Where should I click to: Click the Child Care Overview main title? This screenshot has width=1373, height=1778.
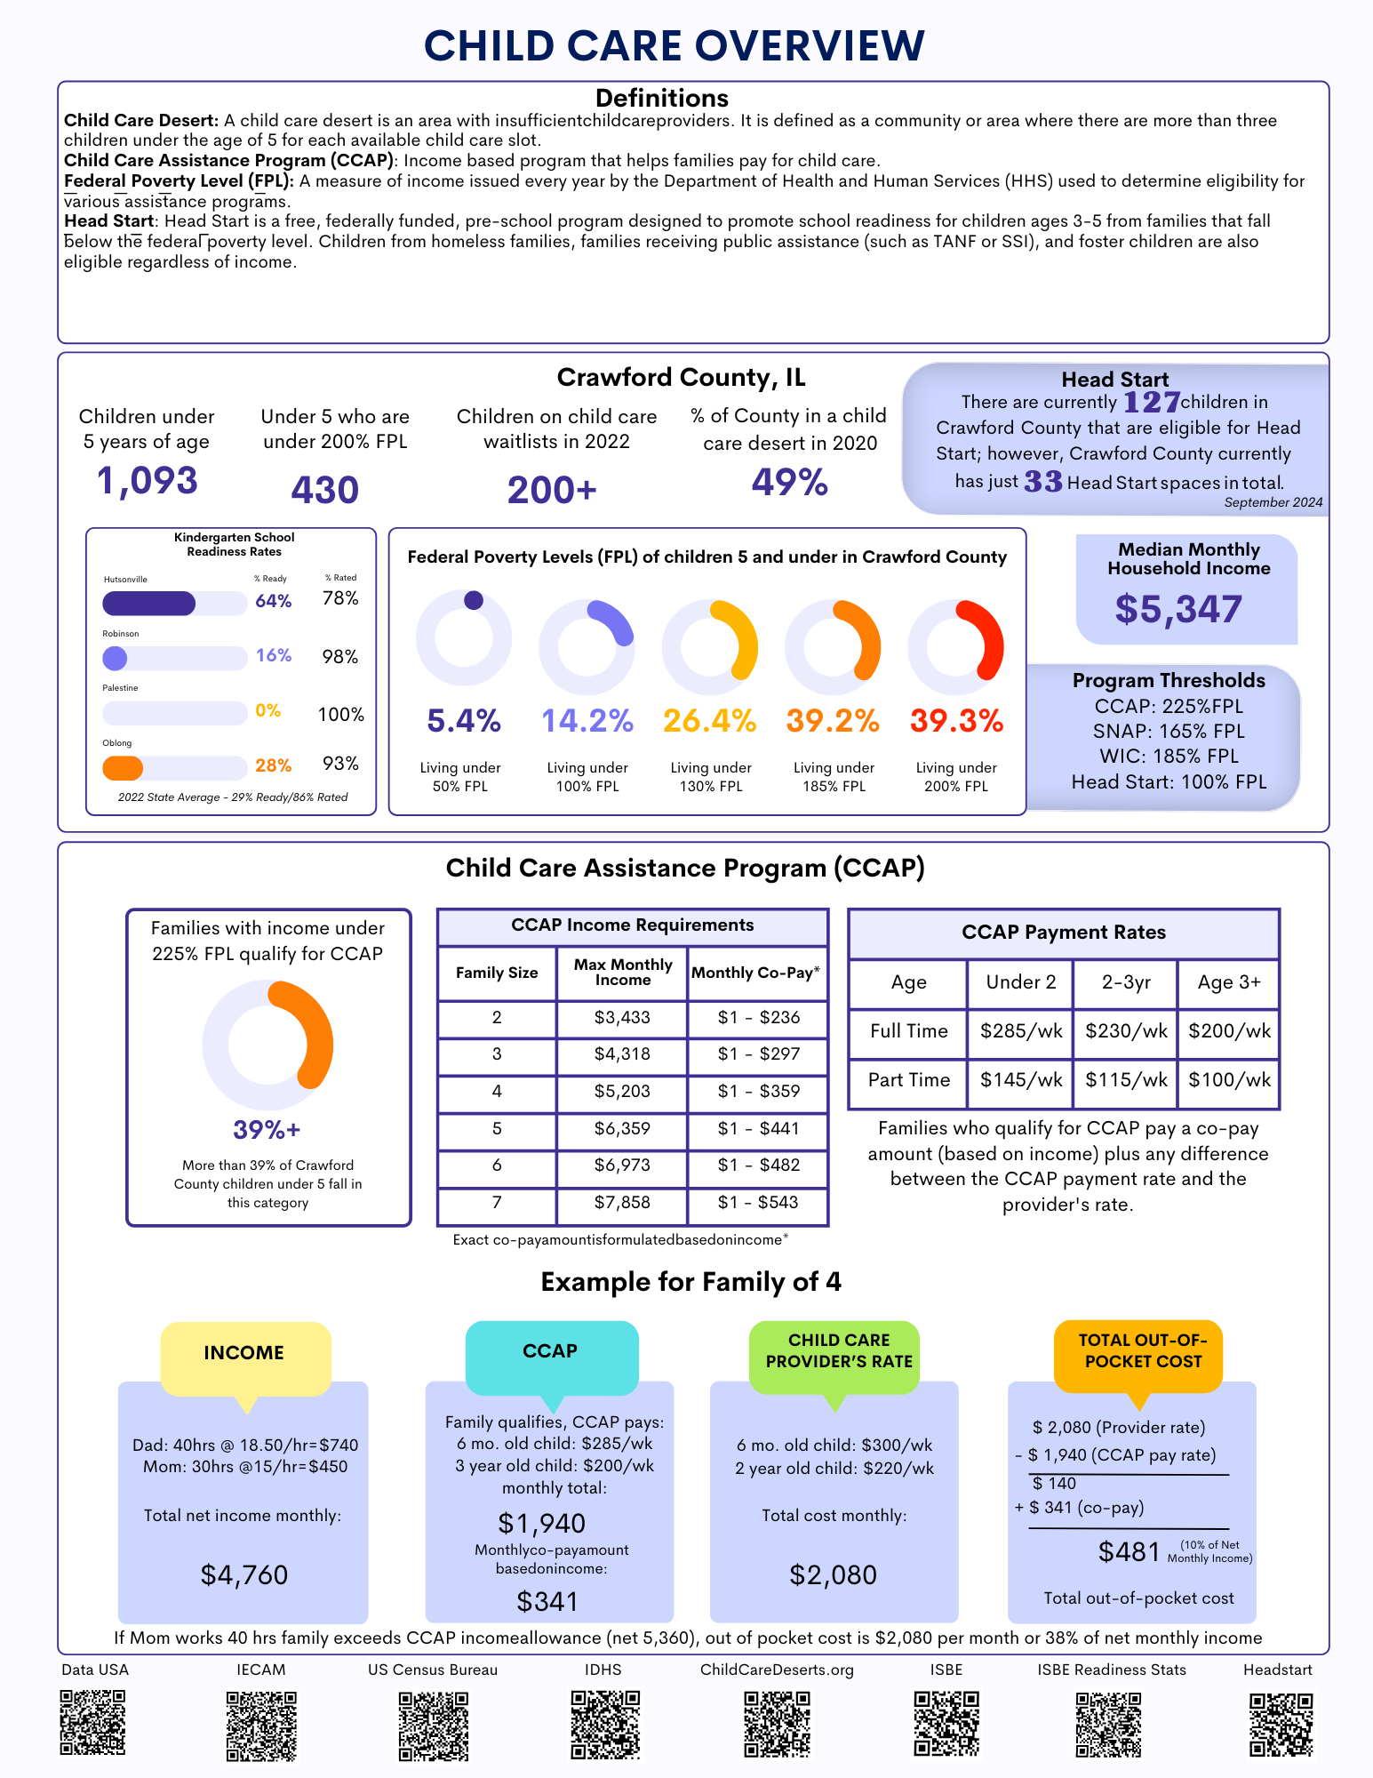(674, 46)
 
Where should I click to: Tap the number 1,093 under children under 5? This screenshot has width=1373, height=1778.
(148, 481)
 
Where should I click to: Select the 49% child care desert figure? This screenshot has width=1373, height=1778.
(789, 483)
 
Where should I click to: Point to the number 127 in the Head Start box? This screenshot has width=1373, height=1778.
(1152, 403)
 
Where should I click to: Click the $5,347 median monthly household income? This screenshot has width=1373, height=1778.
(1178, 609)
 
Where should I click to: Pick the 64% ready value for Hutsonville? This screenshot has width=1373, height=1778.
(273, 601)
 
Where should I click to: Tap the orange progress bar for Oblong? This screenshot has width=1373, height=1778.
(123, 767)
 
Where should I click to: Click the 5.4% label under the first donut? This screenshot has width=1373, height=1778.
(463, 720)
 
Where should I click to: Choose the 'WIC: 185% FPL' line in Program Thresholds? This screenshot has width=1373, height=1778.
(1169, 757)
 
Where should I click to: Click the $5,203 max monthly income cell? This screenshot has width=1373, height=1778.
(622, 1091)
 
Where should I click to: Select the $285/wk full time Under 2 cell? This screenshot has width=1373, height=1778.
(1021, 1031)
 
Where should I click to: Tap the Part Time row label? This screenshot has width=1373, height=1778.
(908, 1079)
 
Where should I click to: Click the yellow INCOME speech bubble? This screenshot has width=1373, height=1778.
(244, 1353)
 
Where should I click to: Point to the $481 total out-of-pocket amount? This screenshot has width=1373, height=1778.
(1129, 1552)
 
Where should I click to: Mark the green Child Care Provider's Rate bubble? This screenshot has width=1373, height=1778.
(839, 1351)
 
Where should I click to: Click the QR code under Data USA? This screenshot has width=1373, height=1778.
(92, 1723)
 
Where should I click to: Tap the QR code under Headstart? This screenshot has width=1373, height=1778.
(1281, 1725)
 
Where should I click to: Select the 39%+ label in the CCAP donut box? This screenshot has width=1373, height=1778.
(267, 1130)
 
